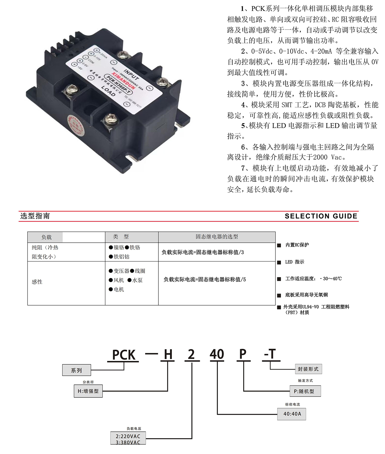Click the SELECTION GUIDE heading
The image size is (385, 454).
(321, 216)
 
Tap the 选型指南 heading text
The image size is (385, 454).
(35, 216)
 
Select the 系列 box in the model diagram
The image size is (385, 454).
(76, 370)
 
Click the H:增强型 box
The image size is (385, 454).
(88, 391)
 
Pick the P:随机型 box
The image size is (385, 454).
(305, 391)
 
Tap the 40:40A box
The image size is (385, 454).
(292, 414)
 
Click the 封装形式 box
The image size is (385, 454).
(308, 369)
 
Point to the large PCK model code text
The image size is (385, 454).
(124, 355)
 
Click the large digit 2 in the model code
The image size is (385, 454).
(191, 354)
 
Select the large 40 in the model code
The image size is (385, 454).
(217, 354)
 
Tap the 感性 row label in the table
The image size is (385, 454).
(37, 282)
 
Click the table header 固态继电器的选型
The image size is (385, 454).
(216, 237)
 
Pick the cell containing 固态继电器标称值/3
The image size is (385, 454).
(203, 252)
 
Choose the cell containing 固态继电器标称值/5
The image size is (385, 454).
(205, 280)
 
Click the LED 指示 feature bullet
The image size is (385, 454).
(294, 262)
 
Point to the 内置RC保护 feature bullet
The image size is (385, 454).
(297, 245)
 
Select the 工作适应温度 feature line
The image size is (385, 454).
(313, 279)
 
